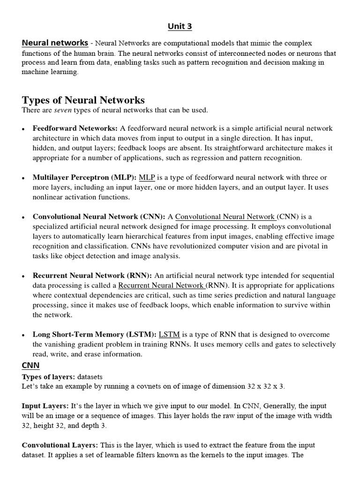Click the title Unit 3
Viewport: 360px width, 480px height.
tap(180, 26)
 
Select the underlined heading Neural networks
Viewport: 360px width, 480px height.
tap(55, 43)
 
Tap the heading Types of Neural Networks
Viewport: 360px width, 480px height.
tap(83, 100)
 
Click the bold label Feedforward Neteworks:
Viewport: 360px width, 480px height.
tap(75, 128)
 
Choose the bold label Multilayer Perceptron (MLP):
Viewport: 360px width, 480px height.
tap(84, 177)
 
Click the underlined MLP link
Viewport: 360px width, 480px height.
tap(147, 177)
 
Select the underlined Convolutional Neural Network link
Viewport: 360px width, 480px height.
tap(225, 217)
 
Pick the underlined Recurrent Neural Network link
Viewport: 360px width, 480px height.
tap(161, 285)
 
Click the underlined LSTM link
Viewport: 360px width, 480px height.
tap(169, 335)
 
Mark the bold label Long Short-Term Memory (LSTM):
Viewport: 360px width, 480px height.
tap(95, 335)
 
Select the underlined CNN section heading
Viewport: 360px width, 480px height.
tap(30, 365)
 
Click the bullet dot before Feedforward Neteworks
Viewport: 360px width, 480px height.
tap(23, 129)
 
